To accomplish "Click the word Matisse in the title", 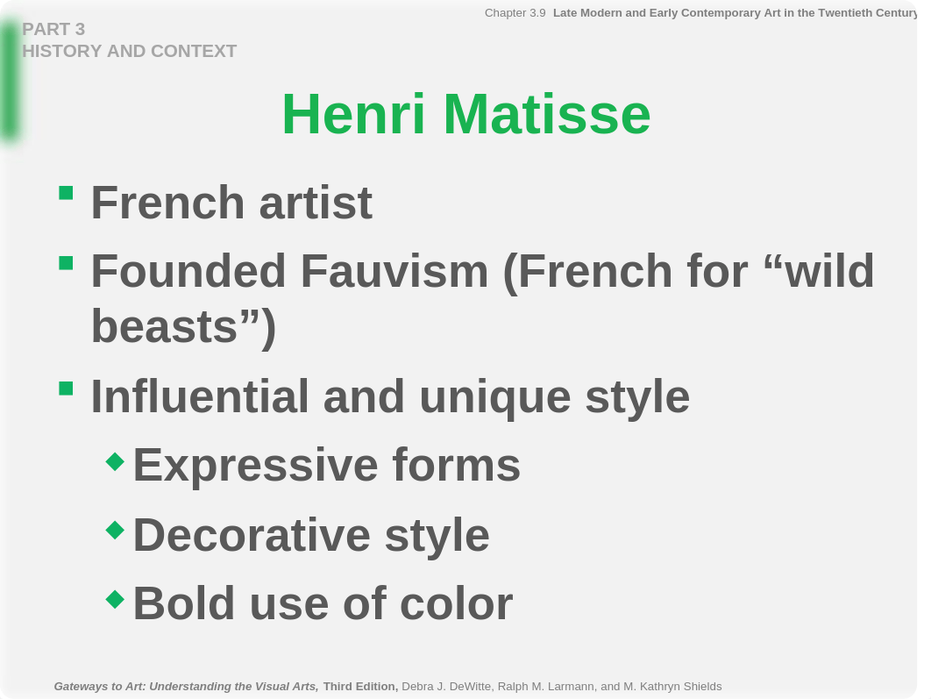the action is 547,114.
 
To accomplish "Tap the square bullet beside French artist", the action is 66,193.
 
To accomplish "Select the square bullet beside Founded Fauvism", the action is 66,262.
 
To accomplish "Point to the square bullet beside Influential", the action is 66,389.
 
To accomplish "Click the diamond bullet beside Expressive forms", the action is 115,461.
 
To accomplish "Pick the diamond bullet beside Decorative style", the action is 115,531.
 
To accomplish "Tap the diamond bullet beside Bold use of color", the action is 115,599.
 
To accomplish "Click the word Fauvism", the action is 394,271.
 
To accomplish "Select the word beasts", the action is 165,326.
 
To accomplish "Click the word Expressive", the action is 256,466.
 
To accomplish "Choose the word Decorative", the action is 252,535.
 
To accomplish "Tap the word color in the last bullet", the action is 457,604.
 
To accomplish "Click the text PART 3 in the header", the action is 53,29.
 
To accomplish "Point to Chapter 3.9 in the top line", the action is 515,13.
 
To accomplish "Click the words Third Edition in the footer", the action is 360,687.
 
